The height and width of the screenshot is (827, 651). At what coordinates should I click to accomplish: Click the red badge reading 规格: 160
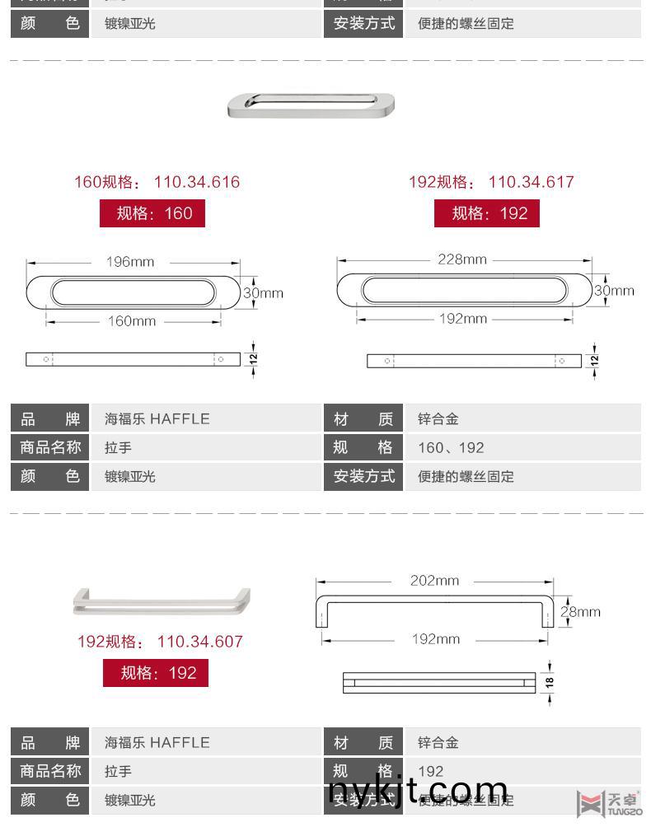pos(152,213)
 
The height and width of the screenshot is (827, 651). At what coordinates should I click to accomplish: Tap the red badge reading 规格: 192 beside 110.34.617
pos(487,213)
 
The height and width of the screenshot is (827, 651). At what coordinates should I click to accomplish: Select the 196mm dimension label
pos(130,262)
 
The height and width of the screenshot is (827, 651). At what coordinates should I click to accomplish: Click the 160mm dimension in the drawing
pos(132,321)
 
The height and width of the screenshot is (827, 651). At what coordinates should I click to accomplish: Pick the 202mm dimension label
pos(434,581)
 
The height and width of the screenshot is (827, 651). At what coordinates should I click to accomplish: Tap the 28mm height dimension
pos(580,611)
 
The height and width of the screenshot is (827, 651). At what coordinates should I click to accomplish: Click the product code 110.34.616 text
pos(197,182)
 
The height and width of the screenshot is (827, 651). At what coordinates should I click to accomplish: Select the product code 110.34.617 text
pos(531,182)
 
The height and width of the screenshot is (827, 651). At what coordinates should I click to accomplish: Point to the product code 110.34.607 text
pos(200,642)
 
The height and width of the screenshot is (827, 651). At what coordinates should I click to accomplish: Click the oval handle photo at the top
pos(311,105)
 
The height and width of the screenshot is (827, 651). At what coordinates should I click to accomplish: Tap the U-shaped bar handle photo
pos(162,602)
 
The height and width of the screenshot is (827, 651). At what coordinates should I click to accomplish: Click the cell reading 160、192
pos(452,448)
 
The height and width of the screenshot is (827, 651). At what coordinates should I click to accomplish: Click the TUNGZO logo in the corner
pos(610,802)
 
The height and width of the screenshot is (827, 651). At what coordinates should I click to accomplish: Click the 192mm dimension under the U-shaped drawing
pos(436,639)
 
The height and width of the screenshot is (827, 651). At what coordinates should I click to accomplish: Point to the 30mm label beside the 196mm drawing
pos(264,292)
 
